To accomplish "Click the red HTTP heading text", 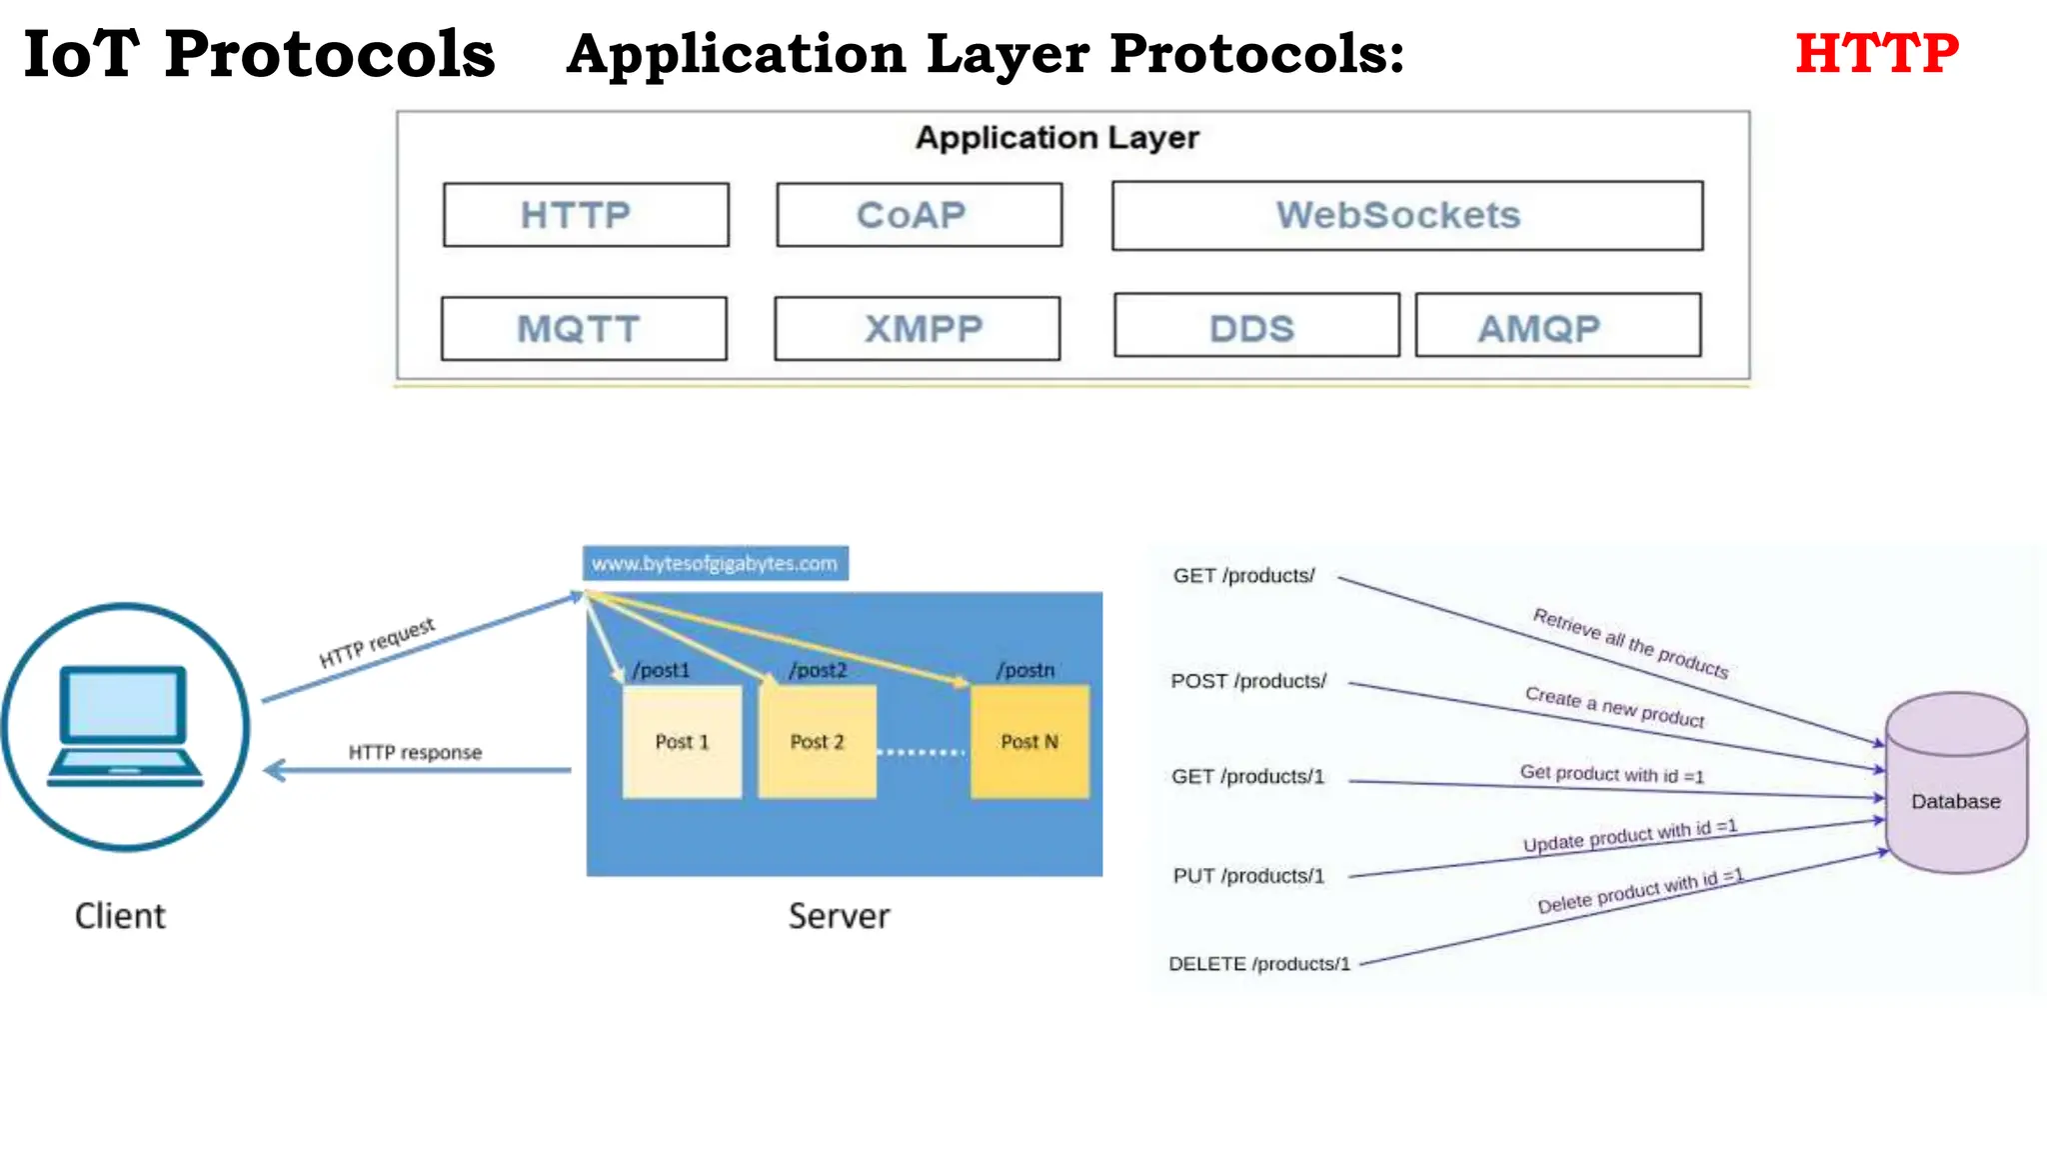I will coord(1876,54).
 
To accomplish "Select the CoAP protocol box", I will coord(919,215).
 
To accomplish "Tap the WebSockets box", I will coord(1406,216).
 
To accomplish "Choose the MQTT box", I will coord(584,329).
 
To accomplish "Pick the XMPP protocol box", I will coord(917,329).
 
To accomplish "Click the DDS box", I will coord(1256,326).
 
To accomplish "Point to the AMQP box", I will coord(1557,326).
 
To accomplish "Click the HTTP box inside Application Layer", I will coord(586,215).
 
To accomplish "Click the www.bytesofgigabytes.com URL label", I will coord(716,563).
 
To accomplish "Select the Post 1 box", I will coord(682,742).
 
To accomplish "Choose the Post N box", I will coord(1029,742).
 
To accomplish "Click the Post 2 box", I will coord(817,742).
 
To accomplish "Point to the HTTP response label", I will coord(415,752).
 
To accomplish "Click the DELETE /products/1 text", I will coord(1258,964).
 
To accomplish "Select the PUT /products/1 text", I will coord(1248,876).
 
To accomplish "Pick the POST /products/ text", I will coord(1248,681).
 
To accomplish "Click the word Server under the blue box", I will coord(839,916).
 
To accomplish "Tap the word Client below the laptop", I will coord(120,916).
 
